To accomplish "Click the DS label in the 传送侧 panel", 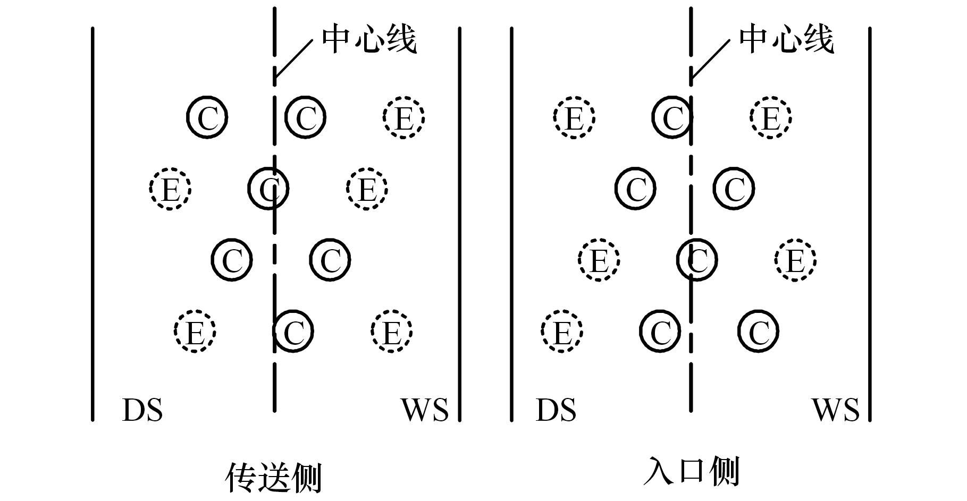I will (142, 410).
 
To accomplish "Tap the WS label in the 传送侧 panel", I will (424, 410).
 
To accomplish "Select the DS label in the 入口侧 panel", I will (556, 410).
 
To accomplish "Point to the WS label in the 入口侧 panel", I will (835, 410).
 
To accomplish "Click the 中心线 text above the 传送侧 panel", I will (369, 39).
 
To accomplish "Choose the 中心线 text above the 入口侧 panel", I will (786, 39).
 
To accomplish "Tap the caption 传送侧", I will (274, 477).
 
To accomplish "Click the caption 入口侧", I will (691, 472).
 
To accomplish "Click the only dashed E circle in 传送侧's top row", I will (403, 117).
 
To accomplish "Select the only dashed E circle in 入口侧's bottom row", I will (562, 332).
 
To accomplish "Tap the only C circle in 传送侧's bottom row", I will (293, 332).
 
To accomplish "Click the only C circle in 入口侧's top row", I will (672, 117).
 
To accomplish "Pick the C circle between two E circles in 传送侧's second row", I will (268, 188).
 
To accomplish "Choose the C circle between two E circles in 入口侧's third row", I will (697, 260).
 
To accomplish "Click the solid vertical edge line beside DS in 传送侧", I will (93, 223).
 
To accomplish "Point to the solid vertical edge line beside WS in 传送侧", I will (459, 223).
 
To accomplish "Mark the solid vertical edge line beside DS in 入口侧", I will (511, 223).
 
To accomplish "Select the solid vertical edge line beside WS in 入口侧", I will (870, 223).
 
